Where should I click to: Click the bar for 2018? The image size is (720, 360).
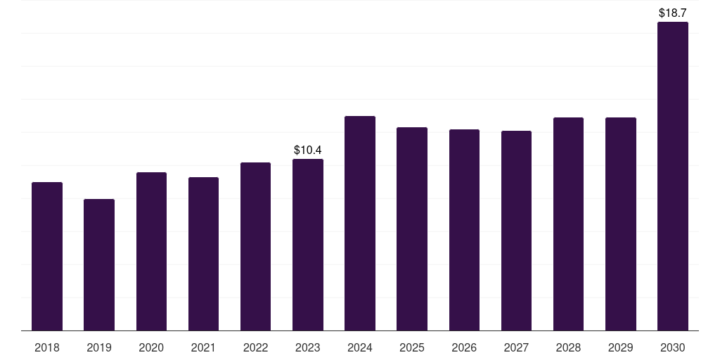coord(47,256)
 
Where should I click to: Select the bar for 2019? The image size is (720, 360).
coord(99,265)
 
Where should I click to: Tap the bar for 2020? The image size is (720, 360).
coord(152,252)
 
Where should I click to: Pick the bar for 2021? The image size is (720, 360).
coord(203,254)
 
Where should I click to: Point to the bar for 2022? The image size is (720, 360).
coord(255,247)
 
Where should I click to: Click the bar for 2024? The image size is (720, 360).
coord(360,223)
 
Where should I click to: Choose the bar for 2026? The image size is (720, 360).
coord(464,230)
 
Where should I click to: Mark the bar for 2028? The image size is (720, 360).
coord(568,224)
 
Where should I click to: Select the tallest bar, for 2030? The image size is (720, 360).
coord(673,176)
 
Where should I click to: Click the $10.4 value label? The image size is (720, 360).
coord(308,150)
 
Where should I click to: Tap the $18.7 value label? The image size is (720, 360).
coord(673,13)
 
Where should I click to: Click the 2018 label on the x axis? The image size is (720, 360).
coord(47,348)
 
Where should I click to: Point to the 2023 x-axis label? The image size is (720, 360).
coord(308,348)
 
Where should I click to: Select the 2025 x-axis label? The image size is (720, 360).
coord(412,348)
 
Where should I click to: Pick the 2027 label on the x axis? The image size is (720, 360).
coord(516,348)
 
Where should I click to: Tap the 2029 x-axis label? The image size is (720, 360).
coord(620,348)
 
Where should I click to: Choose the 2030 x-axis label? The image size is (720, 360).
coord(673,348)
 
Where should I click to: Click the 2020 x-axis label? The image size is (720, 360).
coord(151,348)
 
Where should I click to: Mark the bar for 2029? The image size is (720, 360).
coord(621,224)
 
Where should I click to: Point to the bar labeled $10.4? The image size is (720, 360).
coord(308,245)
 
